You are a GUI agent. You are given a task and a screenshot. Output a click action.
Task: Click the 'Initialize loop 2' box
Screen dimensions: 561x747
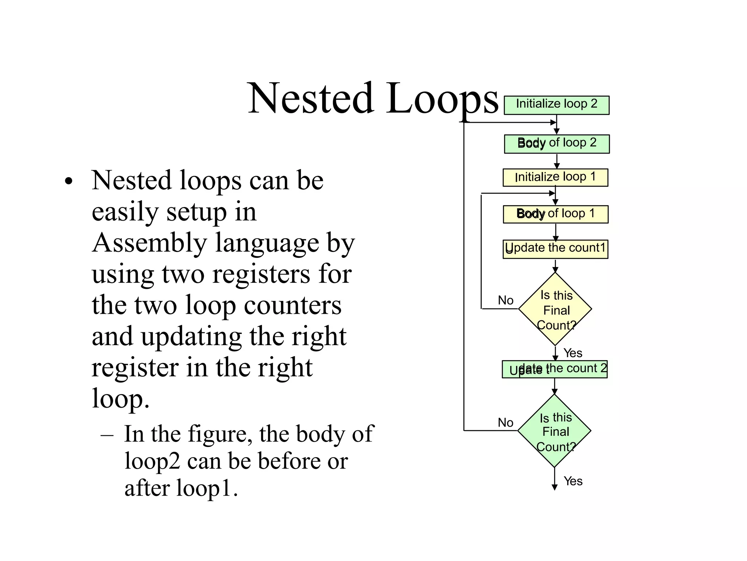coord(556,105)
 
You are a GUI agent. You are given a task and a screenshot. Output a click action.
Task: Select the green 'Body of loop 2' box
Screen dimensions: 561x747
coord(557,144)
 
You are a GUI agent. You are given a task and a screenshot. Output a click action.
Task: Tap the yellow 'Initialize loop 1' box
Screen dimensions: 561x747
coord(555,178)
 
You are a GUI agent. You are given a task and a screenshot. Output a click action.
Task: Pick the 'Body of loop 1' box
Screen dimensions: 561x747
coord(556,214)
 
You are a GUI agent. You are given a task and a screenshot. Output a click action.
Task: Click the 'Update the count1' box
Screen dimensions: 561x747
coord(555,249)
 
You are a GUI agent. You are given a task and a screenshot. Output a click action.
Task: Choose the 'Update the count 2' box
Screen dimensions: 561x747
coord(554,369)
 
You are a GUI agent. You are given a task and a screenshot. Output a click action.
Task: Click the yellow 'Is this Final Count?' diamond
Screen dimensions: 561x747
coord(555,309)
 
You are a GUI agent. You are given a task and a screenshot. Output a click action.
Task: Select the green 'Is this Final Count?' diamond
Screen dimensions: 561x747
coord(554,431)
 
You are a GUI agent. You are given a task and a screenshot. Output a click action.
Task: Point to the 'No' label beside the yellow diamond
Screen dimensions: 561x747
coord(506,300)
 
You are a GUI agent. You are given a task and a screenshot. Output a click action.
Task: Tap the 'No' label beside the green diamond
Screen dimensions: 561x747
coord(506,423)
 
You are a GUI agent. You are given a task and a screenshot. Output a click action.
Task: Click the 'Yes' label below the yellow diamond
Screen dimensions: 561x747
coord(573,353)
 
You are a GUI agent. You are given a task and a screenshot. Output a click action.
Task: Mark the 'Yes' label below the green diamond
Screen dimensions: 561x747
coord(573,481)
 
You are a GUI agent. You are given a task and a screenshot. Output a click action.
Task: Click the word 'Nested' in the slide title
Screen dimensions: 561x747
coord(310,99)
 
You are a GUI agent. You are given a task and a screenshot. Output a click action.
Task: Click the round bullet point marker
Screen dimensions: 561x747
coord(69,182)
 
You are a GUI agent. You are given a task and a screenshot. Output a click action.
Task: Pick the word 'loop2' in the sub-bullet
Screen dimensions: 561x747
coord(152,461)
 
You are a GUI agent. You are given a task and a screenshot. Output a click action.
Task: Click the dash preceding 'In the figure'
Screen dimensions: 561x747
coord(107,435)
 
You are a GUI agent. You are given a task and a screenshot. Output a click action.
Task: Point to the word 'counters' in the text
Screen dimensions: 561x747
coord(293,305)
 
